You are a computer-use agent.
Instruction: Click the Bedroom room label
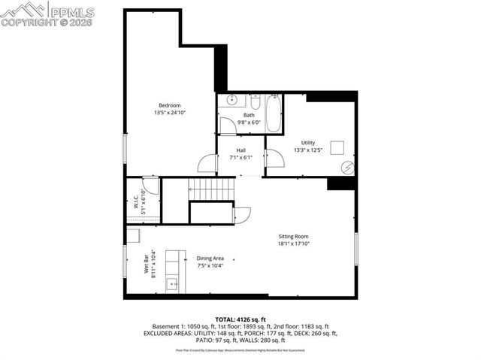pyautogui.click(x=168, y=104)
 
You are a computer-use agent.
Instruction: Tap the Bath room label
pyautogui.click(x=249, y=115)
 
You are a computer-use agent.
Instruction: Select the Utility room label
pyautogui.click(x=308, y=143)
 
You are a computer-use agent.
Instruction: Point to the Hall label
pyautogui.click(x=241, y=150)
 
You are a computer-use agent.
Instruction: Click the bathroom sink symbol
pyautogui.click(x=232, y=100)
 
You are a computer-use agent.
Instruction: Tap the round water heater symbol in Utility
pyautogui.click(x=347, y=167)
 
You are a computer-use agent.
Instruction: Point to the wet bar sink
pyautogui.click(x=172, y=284)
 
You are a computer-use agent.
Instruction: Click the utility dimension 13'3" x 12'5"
pyautogui.click(x=308, y=151)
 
